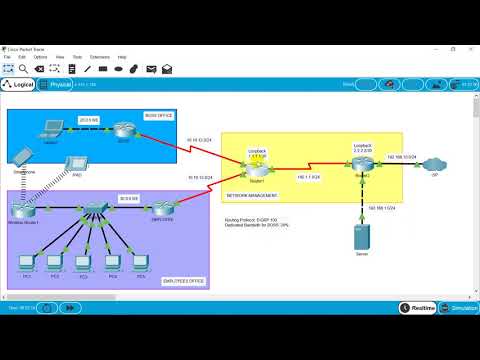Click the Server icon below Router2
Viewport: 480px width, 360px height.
(362, 239)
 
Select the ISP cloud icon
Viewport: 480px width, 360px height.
(435, 163)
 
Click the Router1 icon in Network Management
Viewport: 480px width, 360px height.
(258, 166)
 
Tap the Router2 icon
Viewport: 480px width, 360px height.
(362, 161)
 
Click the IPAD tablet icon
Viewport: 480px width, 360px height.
(75, 163)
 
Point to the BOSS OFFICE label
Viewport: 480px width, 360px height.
(159, 115)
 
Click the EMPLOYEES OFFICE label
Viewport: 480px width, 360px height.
(184, 281)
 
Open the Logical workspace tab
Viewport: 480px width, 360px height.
(19, 85)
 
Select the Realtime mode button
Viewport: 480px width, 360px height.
(418, 308)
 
